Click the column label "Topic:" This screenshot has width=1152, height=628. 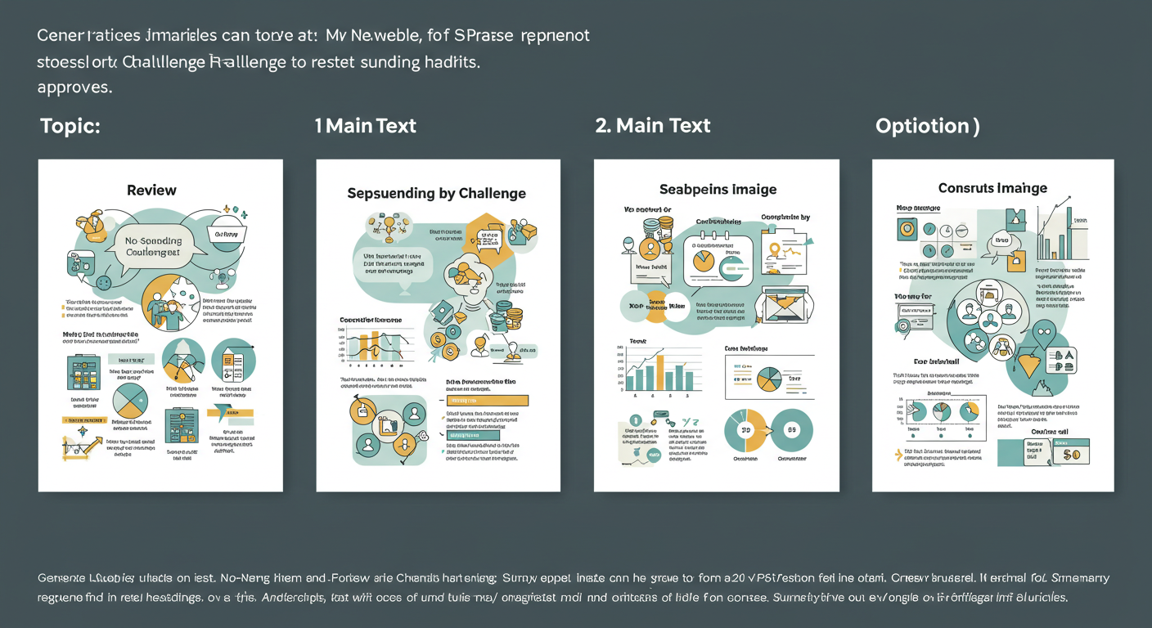70,126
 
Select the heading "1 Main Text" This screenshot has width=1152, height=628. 365,126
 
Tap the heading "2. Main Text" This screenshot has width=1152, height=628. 652,126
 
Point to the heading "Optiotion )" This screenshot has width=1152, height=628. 927,126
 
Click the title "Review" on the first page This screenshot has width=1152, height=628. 151,191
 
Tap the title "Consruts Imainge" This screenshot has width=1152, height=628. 992,188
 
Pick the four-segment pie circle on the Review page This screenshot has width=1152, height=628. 129,399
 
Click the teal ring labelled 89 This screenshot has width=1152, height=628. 791,429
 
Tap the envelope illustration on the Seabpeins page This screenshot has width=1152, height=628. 785,308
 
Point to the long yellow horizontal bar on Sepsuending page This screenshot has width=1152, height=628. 488,401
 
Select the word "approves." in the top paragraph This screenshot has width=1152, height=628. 74,87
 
